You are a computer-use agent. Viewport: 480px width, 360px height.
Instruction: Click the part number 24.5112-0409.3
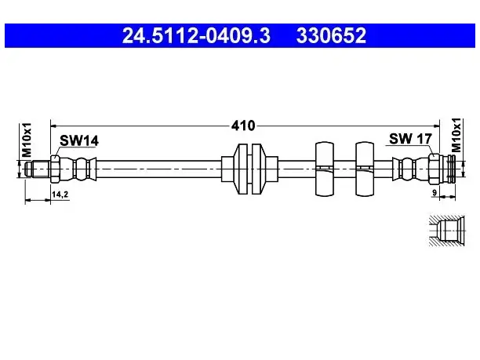[x=196, y=35]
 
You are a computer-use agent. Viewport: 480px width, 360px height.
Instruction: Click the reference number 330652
[x=331, y=35]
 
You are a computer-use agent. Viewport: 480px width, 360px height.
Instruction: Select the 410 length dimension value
[x=243, y=125]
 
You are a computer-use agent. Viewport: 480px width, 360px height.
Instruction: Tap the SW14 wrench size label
[x=79, y=140]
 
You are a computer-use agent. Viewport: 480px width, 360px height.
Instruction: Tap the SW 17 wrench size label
[x=410, y=139]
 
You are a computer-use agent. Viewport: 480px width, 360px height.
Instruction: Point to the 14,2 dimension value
[x=60, y=194]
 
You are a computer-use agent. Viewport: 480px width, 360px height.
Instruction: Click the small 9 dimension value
[x=434, y=193]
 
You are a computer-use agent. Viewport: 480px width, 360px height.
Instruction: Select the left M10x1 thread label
[x=27, y=140]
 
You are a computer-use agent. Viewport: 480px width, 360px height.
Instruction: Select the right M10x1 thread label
[x=456, y=136]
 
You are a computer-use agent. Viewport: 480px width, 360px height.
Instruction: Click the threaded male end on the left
[x=38, y=169]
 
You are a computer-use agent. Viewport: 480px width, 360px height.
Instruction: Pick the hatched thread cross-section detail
[x=446, y=231]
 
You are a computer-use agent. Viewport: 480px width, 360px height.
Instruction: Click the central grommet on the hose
[x=249, y=169]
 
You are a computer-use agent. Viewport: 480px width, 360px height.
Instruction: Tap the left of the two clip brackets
[x=325, y=169]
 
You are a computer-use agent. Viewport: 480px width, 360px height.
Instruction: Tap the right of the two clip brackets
[x=365, y=169]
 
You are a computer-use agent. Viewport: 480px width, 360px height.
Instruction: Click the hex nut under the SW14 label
[x=55, y=169]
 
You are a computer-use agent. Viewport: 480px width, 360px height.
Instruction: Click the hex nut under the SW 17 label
[x=434, y=169]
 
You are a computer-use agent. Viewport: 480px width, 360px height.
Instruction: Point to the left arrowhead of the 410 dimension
[x=54, y=125]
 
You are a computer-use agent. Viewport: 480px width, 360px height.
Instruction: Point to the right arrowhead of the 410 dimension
[x=436, y=125]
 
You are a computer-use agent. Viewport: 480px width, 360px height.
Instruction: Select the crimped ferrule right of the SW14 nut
[x=78, y=169]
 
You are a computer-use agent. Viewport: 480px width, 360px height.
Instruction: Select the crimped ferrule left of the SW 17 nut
[x=410, y=169]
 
